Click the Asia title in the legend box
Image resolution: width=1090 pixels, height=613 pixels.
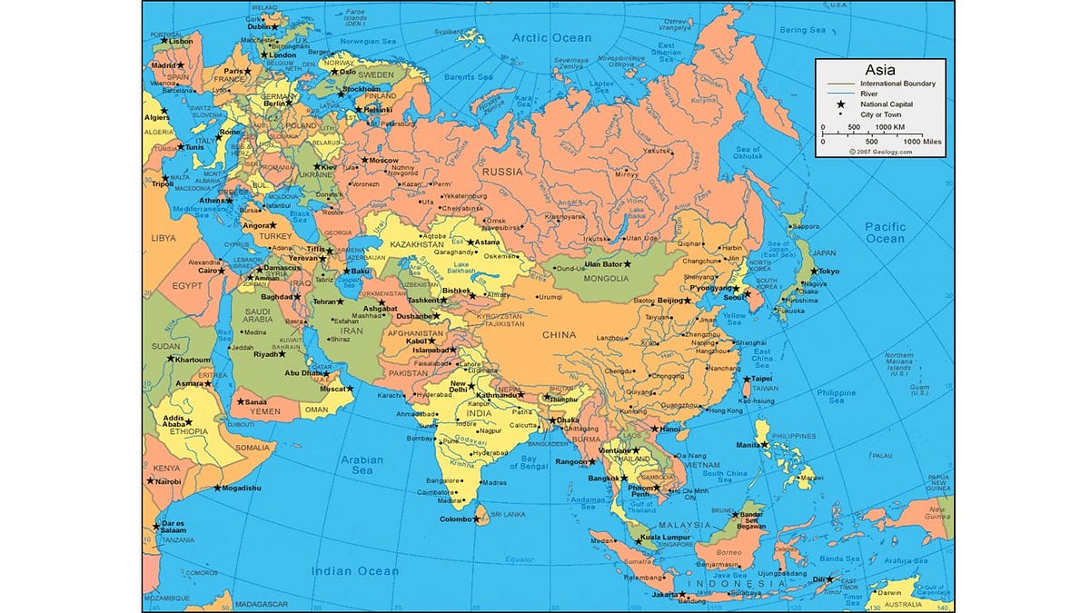[880, 69]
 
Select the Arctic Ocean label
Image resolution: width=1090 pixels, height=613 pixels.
[551, 38]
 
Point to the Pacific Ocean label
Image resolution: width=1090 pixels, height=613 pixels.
[885, 232]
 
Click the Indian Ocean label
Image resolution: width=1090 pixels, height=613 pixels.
[354, 571]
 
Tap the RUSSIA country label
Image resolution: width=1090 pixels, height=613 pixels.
[502, 171]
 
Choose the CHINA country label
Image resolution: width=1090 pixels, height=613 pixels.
[560, 335]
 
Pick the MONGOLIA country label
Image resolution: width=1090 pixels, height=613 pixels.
[606, 278]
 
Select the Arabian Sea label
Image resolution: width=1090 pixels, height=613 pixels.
[362, 465]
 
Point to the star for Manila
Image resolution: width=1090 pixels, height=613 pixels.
[765, 445]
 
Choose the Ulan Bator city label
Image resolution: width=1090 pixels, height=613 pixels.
[601, 264]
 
